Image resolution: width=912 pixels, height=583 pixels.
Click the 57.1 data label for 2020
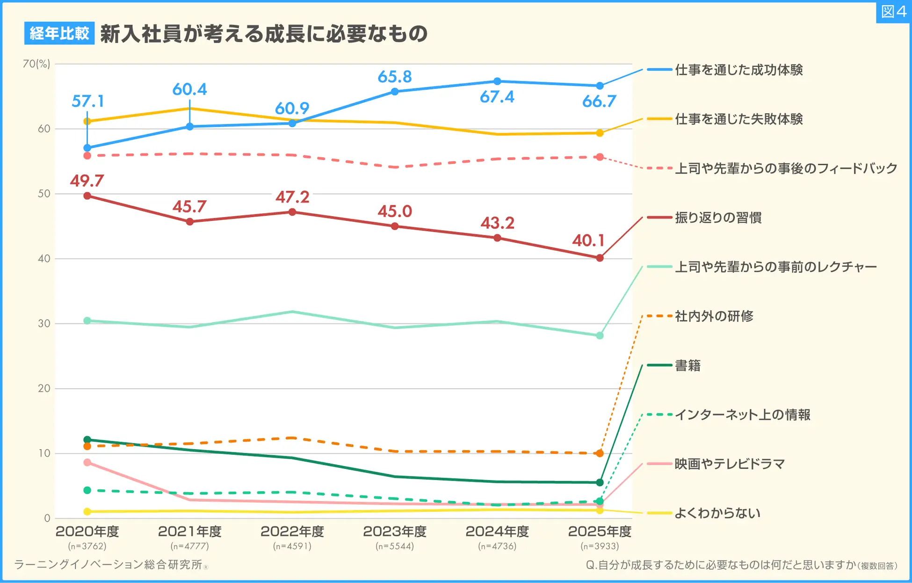click(87, 101)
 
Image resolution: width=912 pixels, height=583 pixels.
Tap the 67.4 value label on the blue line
click(497, 97)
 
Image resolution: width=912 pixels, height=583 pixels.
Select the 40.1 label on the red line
click(588, 240)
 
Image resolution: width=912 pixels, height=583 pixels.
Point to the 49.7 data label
click(87, 181)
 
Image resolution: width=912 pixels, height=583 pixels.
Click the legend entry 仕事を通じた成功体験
click(738, 70)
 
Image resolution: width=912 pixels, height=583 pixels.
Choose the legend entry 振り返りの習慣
click(718, 218)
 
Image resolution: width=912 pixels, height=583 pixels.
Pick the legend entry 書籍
click(688, 365)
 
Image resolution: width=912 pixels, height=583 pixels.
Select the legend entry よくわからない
click(717, 513)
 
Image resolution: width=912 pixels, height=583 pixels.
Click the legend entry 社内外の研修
click(714, 316)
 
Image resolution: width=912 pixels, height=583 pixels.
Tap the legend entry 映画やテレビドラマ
click(729, 464)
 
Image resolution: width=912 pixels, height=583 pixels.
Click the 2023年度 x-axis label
click(395, 532)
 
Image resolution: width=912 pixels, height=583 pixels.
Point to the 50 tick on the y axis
click(44, 194)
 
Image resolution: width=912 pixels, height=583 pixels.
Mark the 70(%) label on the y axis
click(36, 64)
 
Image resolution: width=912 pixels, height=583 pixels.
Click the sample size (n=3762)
click(87, 546)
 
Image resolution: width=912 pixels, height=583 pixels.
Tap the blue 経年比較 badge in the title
click(59, 33)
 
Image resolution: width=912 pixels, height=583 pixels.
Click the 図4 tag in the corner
click(893, 12)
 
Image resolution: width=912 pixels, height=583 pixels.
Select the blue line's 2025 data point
click(600, 86)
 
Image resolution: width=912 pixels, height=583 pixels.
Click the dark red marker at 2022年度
click(292, 212)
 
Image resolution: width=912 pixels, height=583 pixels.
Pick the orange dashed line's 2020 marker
click(87, 446)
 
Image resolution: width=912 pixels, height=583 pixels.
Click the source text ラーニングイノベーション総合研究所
click(109, 565)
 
